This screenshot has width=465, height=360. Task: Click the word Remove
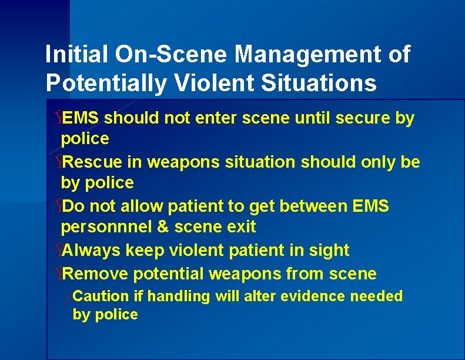coord(96,274)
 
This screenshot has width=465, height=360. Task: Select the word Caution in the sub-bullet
coord(101,296)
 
